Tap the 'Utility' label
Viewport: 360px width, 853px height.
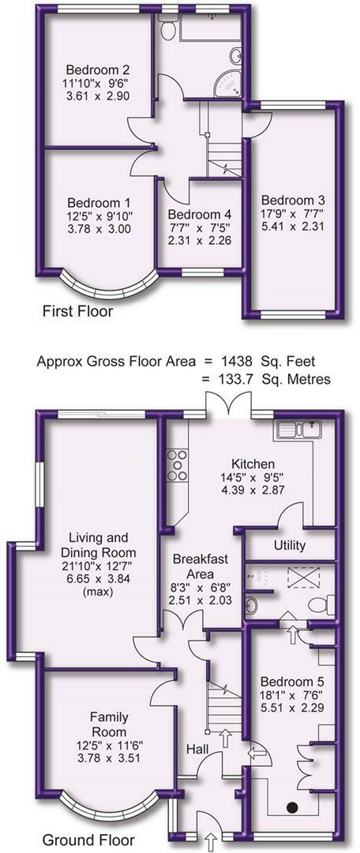coord(289,547)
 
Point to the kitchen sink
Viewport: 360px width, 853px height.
coord(297,431)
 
